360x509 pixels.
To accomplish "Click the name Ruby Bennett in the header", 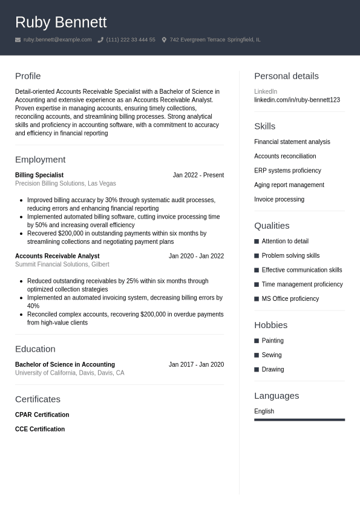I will click(61, 22).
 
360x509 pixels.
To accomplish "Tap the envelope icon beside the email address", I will click(18, 40).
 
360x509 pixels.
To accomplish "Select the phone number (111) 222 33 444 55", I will click(131, 40).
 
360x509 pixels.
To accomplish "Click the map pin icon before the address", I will click(164, 40).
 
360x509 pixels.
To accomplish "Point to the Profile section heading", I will click(28, 76).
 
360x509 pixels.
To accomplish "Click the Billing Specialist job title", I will click(39, 175).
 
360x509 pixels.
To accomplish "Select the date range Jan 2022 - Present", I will click(198, 175).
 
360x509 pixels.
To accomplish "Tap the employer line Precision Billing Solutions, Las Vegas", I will click(65, 183).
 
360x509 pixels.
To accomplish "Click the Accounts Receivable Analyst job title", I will click(57, 256).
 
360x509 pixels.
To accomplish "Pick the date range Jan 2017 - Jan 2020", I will click(196, 364).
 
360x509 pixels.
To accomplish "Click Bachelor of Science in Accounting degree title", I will click(65, 364).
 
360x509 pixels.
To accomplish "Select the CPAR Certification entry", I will click(42, 415).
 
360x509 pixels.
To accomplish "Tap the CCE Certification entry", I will click(40, 429).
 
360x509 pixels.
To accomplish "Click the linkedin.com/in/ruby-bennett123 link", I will click(296, 100).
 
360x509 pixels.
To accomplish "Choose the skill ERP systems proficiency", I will click(287, 171).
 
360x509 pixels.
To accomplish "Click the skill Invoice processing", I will click(279, 199).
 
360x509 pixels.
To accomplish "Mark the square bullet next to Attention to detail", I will click(257, 241).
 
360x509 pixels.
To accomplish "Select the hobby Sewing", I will click(271, 355).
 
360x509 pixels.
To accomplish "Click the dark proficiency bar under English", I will click(299, 419).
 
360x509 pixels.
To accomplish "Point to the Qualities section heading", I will click(272, 226).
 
